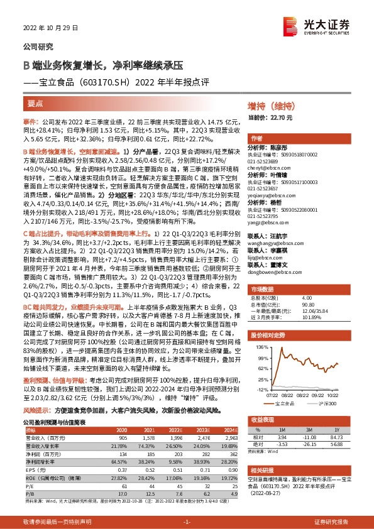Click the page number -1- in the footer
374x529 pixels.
pos(186,522)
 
